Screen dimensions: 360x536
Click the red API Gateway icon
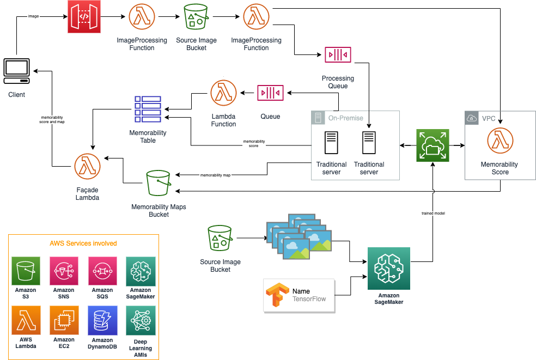point(84,16)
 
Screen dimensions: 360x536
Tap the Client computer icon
point(16,71)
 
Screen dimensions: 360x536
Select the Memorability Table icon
point(148,109)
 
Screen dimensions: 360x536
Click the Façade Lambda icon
point(87,167)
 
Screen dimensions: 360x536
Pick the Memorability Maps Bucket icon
point(159,183)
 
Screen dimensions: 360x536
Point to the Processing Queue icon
point(338,54)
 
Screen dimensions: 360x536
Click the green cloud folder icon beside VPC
point(433,145)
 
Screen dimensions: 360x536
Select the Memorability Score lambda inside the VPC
point(500,141)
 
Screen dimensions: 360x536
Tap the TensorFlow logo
point(276,295)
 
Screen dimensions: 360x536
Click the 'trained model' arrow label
point(434,213)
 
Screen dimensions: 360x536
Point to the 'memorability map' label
point(216,175)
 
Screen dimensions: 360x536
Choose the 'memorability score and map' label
point(52,120)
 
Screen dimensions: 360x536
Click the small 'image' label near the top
point(33,16)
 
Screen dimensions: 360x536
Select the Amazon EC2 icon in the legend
point(64,322)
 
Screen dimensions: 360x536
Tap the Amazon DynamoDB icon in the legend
point(102,322)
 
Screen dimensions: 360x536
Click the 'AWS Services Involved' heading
point(83,243)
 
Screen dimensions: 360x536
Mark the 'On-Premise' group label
point(345,118)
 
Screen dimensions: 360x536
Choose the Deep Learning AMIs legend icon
point(141,322)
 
